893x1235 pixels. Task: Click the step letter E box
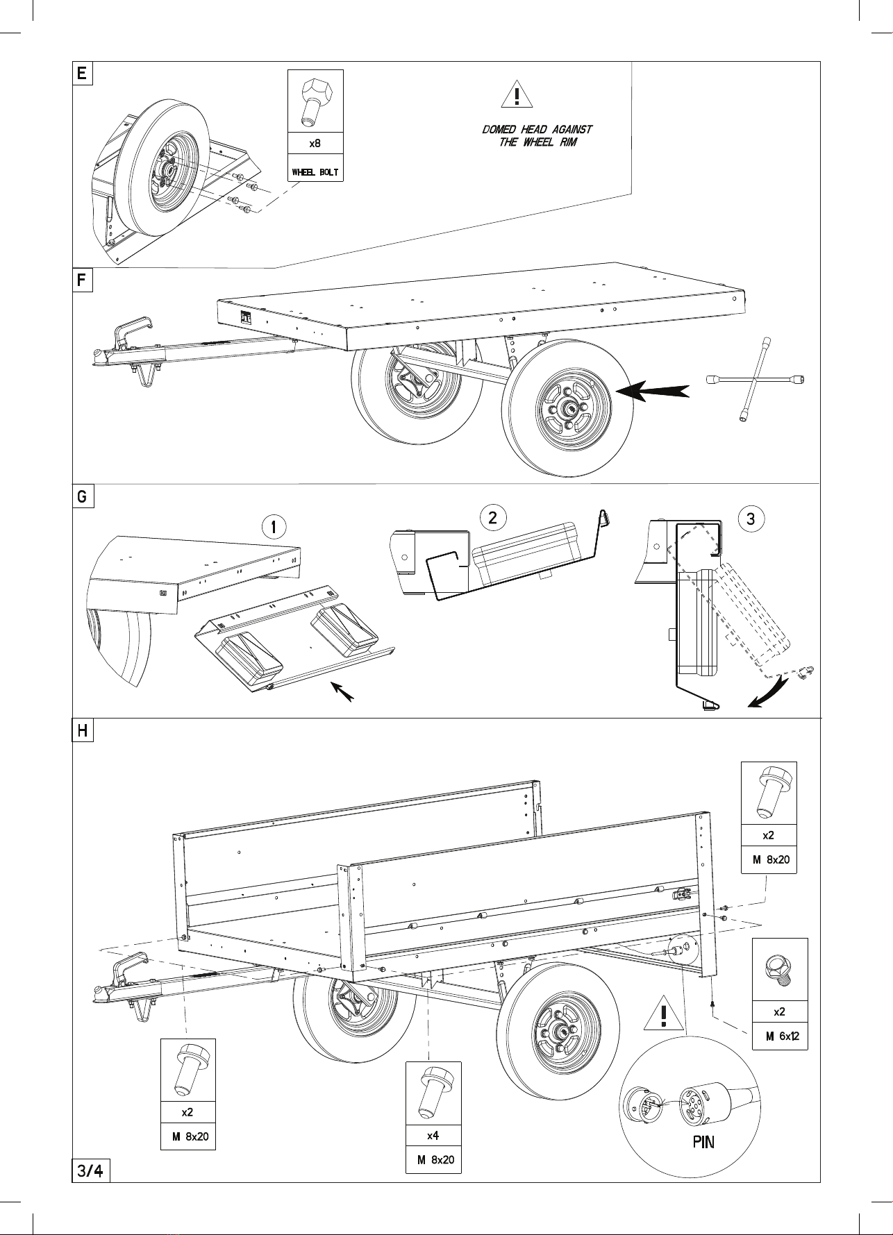[83, 73]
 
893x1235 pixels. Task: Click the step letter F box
[83, 280]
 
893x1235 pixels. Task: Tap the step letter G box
[83, 498]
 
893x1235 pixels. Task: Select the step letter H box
[83, 731]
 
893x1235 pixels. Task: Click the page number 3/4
[91, 1171]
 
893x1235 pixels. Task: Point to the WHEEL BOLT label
[315, 172]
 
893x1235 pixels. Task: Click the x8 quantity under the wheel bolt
[315, 144]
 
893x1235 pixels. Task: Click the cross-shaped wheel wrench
[756, 380]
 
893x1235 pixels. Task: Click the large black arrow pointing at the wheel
[653, 392]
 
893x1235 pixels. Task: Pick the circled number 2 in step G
[492, 517]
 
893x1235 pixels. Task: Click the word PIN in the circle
[703, 1142]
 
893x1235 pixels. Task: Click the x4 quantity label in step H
[433, 1136]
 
